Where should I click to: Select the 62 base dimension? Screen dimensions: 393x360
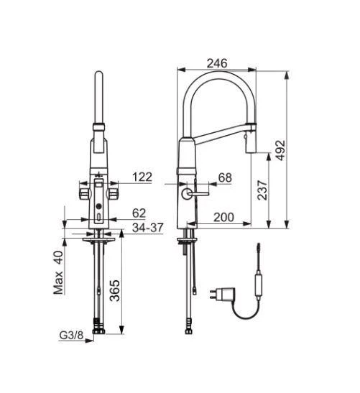click(x=139, y=213)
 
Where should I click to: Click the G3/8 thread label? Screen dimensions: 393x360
click(x=70, y=334)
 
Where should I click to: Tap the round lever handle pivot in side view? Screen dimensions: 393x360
click(x=188, y=193)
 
